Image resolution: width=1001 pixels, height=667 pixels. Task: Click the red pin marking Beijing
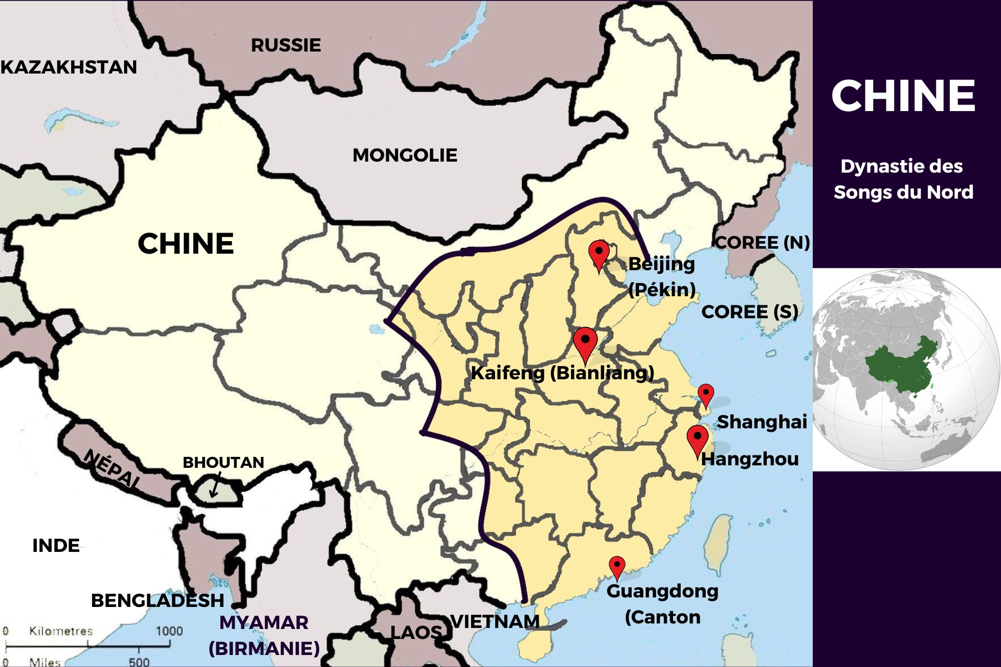pos(599,253)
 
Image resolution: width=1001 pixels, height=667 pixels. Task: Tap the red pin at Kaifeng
pos(585,342)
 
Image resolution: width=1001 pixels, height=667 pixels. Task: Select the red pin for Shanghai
pos(706,394)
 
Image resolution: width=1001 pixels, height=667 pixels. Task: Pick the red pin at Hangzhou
pos(697,439)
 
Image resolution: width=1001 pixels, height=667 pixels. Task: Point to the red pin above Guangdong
pos(617,566)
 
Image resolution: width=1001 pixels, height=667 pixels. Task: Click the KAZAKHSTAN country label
pos(69,67)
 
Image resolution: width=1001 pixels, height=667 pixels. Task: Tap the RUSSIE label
pos(286,46)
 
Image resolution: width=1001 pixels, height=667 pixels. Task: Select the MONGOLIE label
pos(405,155)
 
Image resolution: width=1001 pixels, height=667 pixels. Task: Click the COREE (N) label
pos(762,243)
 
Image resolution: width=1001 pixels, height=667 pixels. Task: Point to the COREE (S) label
pos(749,312)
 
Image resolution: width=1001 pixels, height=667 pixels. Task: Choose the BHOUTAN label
pos(223,462)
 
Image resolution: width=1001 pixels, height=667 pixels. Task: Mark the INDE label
pos(56,545)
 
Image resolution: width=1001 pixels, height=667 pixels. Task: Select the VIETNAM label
pos(495,621)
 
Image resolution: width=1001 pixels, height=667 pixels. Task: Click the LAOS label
pos(416,632)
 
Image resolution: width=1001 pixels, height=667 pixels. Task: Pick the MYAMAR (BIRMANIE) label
pos(264,635)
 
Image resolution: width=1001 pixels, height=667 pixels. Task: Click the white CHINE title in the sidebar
pos(903,96)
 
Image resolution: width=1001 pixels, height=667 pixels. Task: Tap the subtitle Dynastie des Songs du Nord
pos(903,179)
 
